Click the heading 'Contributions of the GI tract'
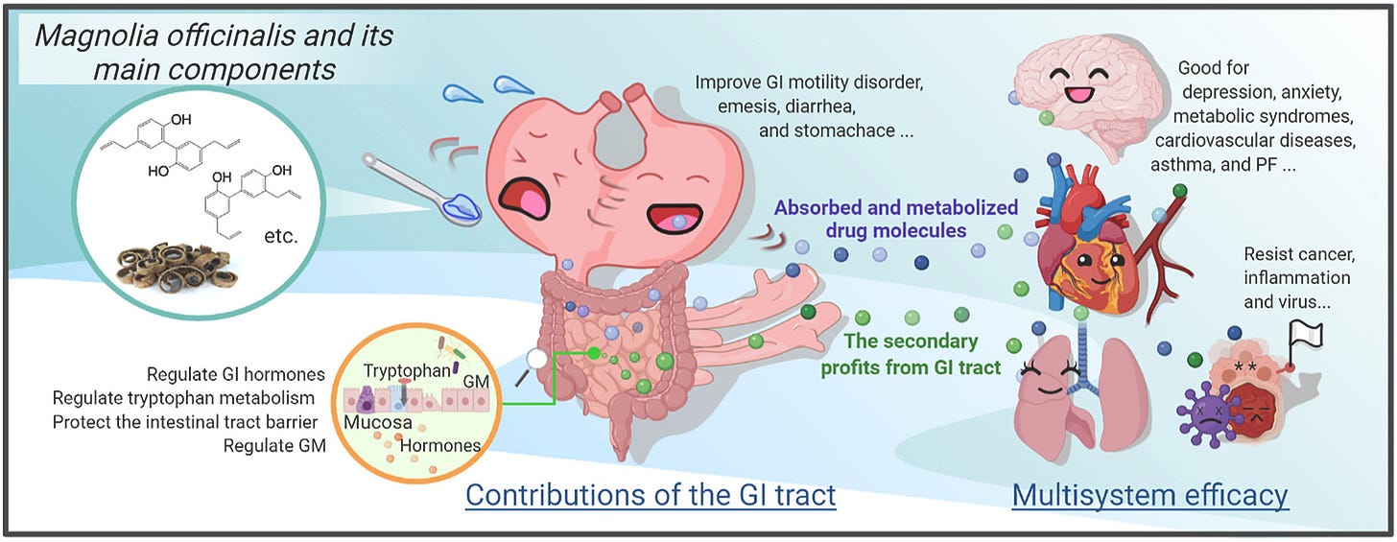point(651,495)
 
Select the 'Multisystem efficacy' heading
point(1149,495)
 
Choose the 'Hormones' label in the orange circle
point(439,445)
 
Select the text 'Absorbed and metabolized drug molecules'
point(895,218)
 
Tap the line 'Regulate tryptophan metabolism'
point(184,397)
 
